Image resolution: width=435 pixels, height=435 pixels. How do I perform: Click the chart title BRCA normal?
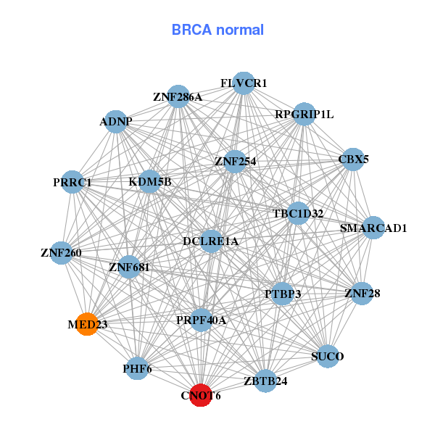(x=217, y=30)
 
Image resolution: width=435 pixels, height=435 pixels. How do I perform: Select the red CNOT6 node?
(x=201, y=395)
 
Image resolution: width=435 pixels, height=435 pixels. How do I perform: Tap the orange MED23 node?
(x=87, y=324)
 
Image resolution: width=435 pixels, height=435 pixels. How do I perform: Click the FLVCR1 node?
(x=244, y=83)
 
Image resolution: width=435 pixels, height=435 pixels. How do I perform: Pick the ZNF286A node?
(x=178, y=96)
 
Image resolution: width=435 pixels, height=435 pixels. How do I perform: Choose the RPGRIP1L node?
(x=304, y=114)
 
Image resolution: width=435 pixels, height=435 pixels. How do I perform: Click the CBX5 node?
(x=352, y=159)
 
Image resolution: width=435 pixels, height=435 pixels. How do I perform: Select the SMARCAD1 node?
(x=373, y=228)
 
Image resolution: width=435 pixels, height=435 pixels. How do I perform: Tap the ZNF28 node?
(x=362, y=294)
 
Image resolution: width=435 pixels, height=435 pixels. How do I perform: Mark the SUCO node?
(x=328, y=356)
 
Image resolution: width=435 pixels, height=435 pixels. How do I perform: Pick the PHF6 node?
(x=137, y=369)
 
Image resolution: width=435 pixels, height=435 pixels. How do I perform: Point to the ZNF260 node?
(x=62, y=253)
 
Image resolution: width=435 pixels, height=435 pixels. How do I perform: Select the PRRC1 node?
(x=72, y=182)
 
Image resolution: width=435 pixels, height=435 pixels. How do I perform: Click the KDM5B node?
(x=150, y=181)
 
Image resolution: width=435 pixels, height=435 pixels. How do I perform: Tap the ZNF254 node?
(x=234, y=161)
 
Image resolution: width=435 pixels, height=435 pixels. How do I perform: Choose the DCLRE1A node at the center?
(x=211, y=241)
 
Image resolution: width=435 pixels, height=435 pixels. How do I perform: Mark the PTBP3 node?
(x=283, y=294)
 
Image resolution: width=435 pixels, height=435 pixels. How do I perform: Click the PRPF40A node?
(x=202, y=320)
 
